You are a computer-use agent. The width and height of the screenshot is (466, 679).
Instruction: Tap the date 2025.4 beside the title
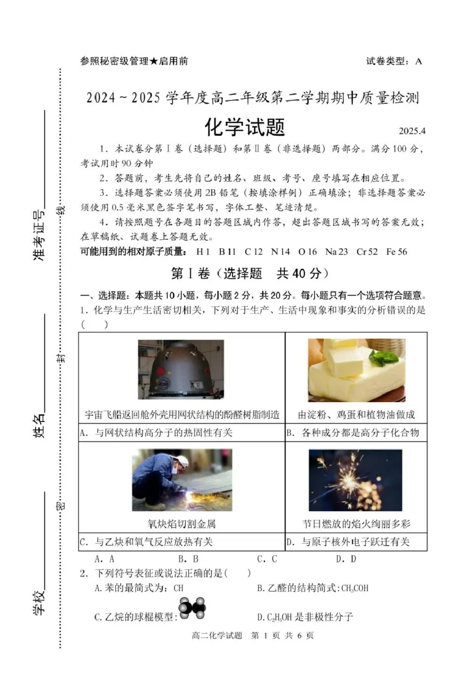pyautogui.click(x=412, y=131)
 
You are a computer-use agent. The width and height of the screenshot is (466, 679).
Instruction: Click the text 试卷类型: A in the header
pyautogui.click(x=394, y=61)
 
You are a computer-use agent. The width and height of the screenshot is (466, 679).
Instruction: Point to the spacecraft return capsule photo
pyautogui.click(x=181, y=370)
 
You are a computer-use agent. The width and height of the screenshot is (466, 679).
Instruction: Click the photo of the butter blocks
pyautogui.click(x=356, y=370)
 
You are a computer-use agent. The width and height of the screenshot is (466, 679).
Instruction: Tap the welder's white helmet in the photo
pyautogui.click(x=182, y=462)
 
